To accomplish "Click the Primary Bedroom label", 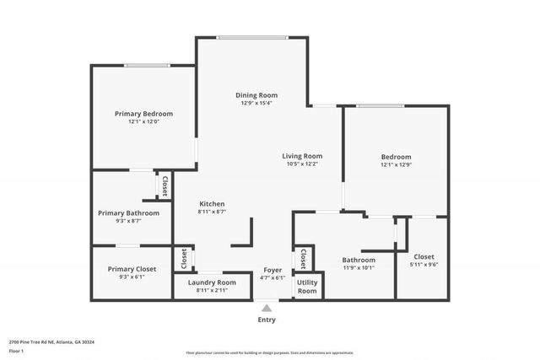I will pos(143,113).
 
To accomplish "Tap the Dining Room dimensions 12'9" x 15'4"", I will pos(256,103).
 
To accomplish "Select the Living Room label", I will pos(302,155).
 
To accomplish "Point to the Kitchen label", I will pos(211,204).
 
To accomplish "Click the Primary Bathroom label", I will pos(128,213).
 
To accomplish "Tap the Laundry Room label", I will pos(211,282).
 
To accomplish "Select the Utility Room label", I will pos(307,287).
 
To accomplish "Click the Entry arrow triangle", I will pos(267,308).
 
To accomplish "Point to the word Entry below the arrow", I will pos(267,320).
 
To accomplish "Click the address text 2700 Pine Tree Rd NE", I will pos(51,342).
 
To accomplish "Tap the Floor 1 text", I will pos(16,350).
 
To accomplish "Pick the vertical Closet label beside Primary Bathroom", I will pos(165,185).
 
